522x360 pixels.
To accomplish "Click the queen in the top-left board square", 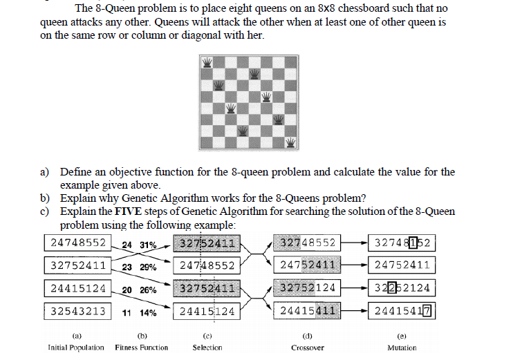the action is [207, 63].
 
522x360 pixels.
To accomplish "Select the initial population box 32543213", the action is [77, 311].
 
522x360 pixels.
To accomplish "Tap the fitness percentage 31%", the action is [149, 245].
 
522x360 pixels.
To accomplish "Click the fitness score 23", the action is [127, 267].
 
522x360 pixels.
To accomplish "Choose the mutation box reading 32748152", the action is [402, 243].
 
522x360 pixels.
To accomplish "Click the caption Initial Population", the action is [76, 347].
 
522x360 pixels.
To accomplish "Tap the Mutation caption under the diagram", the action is [402, 348].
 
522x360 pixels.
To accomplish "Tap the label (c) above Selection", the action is [207, 335].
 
